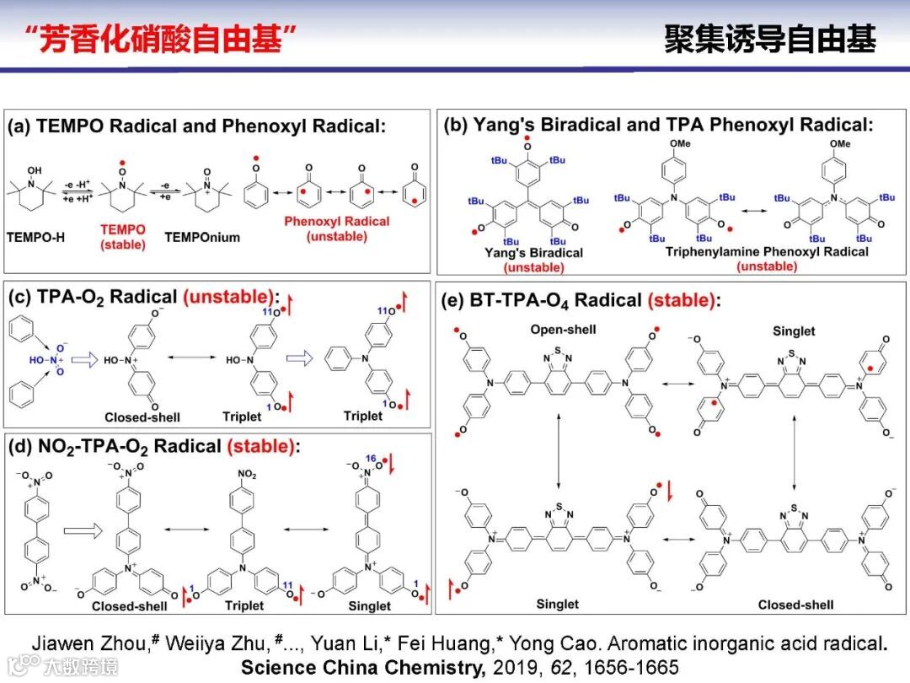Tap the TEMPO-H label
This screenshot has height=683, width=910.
pos(35,237)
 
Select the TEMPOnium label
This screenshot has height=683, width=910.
pos(202,237)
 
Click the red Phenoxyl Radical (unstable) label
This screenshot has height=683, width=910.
pos(337,229)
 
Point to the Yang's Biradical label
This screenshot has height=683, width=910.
pos(533,252)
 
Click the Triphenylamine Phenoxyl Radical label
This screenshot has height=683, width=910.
pos(767,252)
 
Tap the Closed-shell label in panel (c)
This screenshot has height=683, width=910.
pos(142,417)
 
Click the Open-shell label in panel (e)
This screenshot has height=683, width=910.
pos(564,329)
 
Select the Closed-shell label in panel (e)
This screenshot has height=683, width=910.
pos(795,604)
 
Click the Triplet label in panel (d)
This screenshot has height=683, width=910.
pos(244,605)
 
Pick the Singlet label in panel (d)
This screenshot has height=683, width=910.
pos(369,605)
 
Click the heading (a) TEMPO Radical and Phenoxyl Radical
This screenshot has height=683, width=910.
pos(196,127)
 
